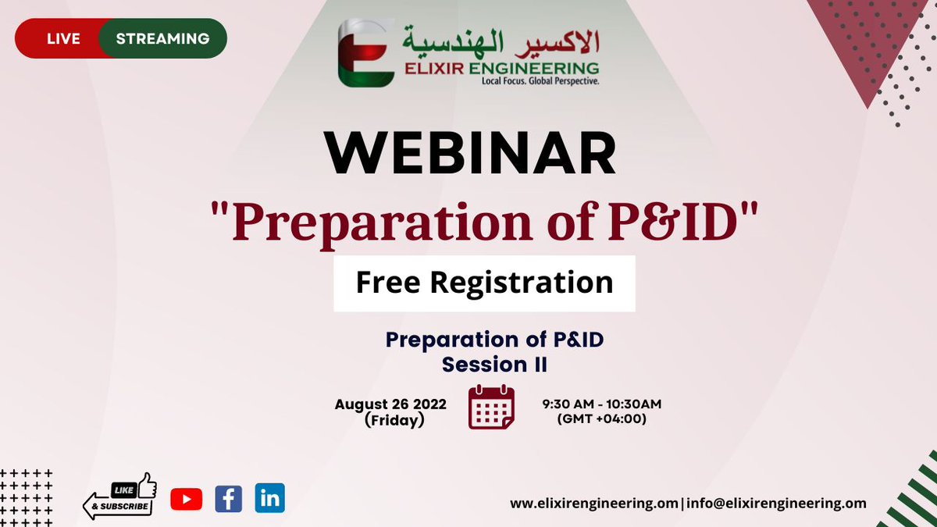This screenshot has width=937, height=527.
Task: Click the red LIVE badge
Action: [x=62, y=38]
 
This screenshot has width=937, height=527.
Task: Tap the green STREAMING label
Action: [x=162, y=38]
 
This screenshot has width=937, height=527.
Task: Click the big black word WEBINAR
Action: [x=472, y=154]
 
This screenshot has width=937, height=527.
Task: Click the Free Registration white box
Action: [x=484, y=283]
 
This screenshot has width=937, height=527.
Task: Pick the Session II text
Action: [x=494, y=365]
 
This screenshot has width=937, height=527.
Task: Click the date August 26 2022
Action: [x=390, y=404]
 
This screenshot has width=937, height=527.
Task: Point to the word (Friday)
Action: [x=394, y=420]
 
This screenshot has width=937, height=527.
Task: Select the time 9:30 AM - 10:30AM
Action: [x=601, y=404]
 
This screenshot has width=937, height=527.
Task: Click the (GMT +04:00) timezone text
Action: [x=601, y=418]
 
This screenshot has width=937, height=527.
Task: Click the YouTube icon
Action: [x=186, y=499]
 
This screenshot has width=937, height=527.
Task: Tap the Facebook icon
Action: [x=228, y=498]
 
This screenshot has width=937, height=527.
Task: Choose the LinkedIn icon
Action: [x=270, y=498]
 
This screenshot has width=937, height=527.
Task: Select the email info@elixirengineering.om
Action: [x=776, y=504]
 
